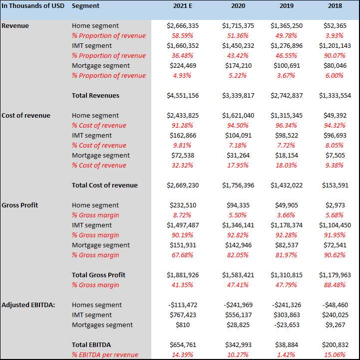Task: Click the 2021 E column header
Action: pos(182,6)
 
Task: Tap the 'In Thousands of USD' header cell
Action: pos(32,6)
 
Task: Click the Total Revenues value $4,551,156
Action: pos(183,95)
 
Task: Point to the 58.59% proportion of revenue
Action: pos(183,35)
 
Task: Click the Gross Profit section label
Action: pos(19,205)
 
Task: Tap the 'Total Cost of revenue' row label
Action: pos(104,185)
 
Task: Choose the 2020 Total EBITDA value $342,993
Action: pos(238,345)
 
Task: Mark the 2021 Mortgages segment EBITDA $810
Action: pos(183,325)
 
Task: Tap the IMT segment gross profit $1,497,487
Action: pos(183,225)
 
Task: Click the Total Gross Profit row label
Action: pos(98,275)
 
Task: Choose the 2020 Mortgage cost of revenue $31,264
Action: pos(238,155)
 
